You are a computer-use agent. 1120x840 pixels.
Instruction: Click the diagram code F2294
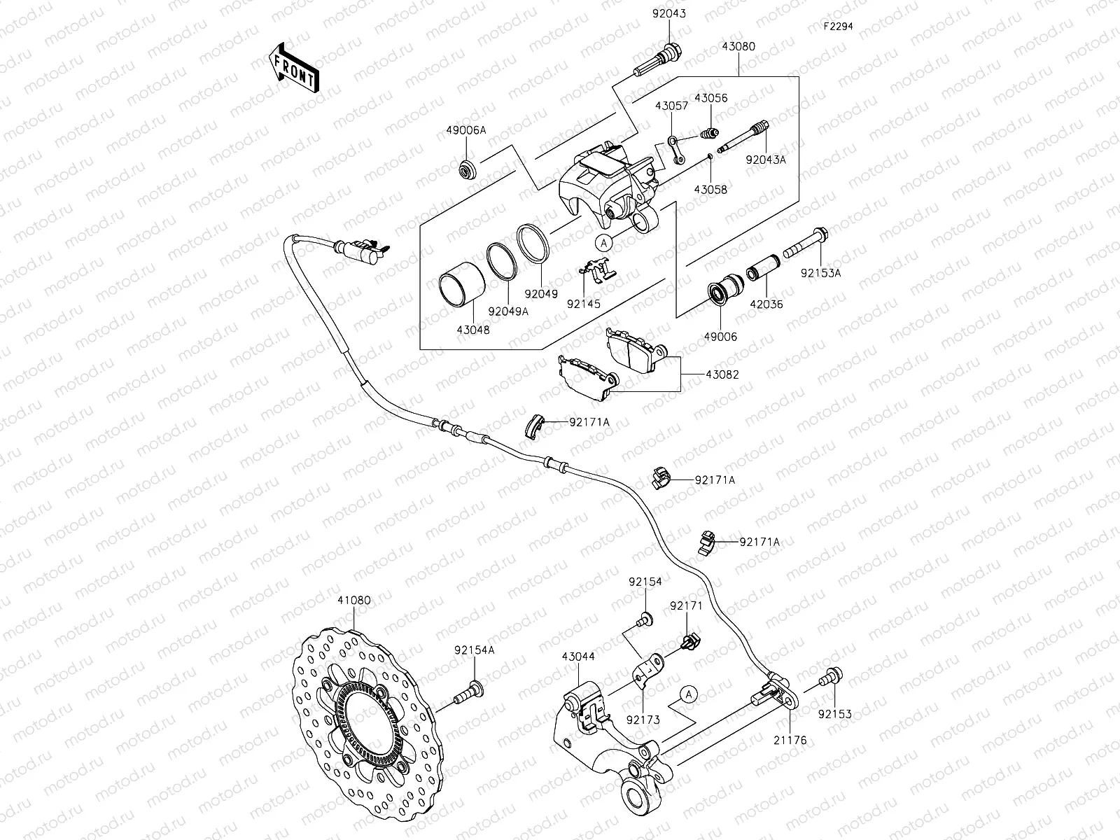(x=837, y=26)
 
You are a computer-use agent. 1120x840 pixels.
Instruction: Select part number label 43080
(x=738, y=47)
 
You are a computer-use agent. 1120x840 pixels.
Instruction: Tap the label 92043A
(x=766, y=160)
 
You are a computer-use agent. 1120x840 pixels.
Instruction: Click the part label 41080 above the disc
(x=354, y=600)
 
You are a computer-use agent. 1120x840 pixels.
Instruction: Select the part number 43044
(x=578, y=657)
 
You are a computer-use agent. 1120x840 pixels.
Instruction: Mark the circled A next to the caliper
(x=604, y=241)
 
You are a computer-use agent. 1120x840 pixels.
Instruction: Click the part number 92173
(x=643, y=718)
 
